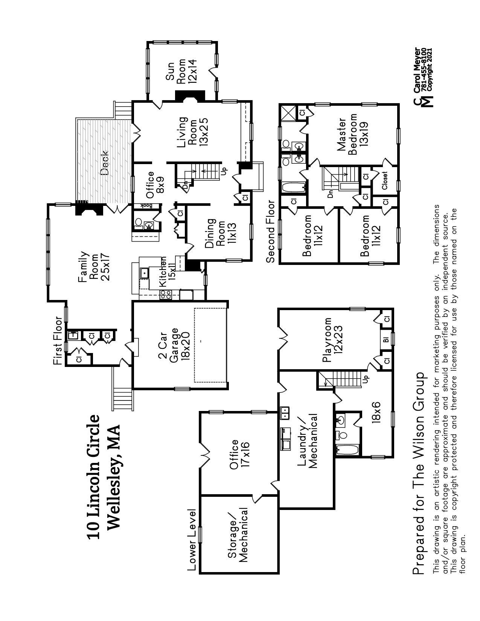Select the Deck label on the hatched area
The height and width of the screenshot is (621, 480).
(x=105, y=163)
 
